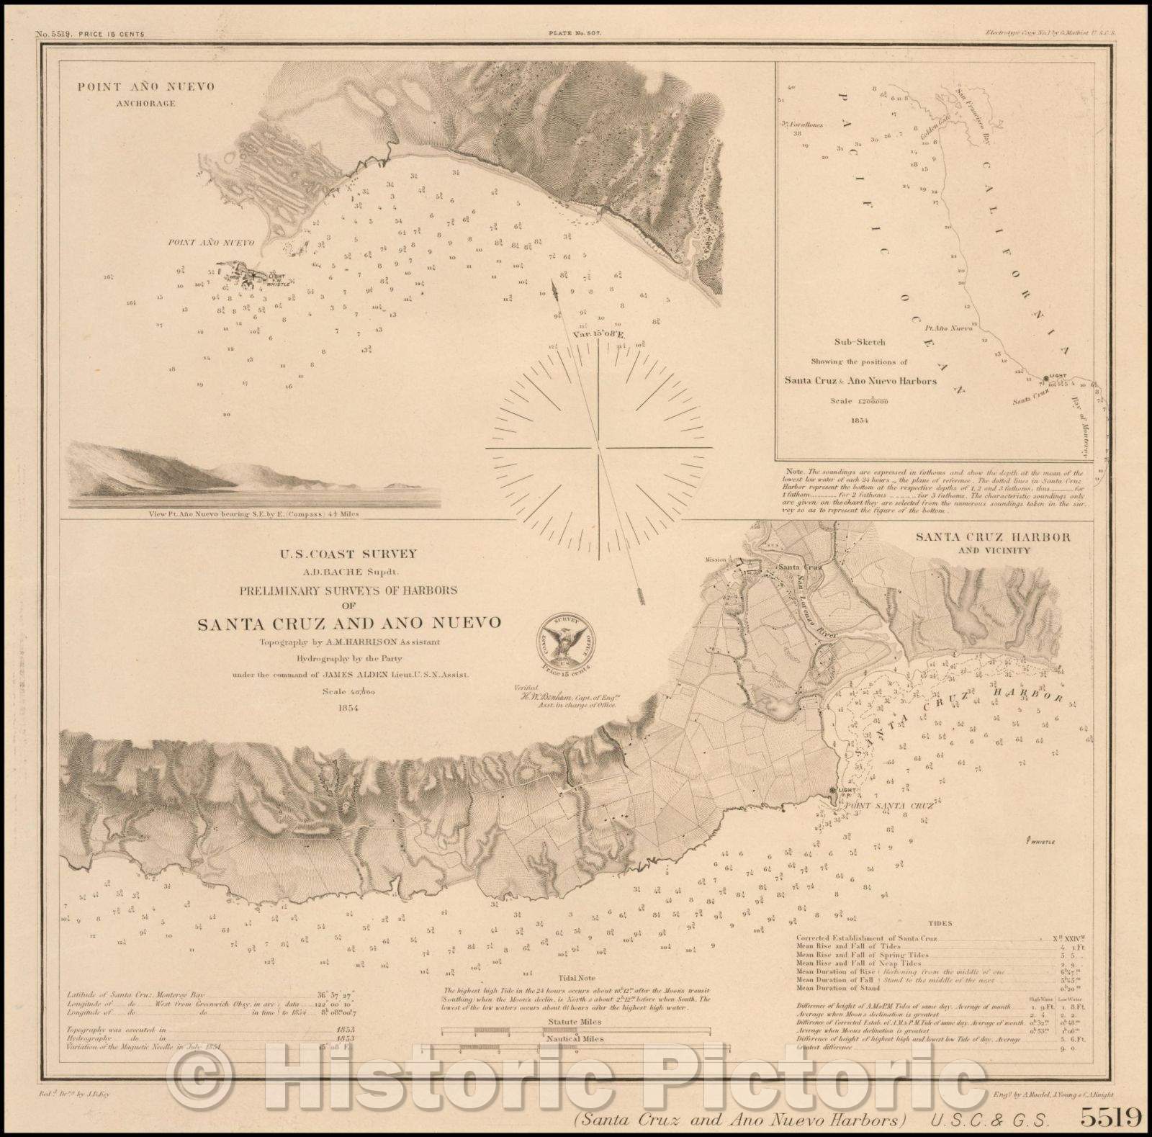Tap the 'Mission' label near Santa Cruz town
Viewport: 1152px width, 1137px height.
coord(717,558)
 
